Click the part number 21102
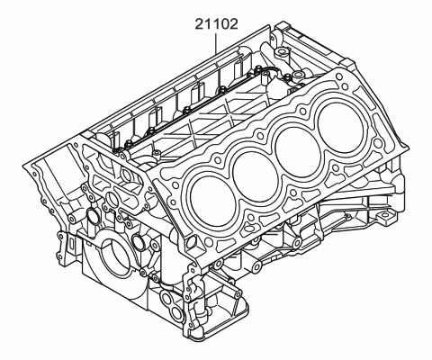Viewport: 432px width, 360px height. click(x=216, y=23)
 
